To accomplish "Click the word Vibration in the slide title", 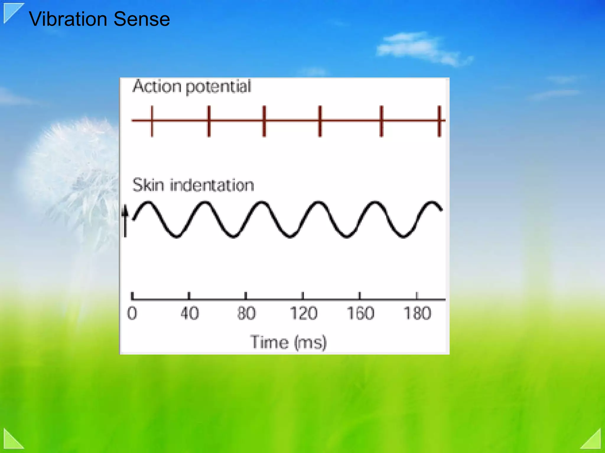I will (x=68, y=19).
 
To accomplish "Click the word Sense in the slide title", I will (x=142, y=19).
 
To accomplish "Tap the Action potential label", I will (x=191, y=87).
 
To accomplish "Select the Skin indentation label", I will (x=193, y=185).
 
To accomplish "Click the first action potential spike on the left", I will (x=152, y=121).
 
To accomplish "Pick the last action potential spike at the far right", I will (x=439, y=121).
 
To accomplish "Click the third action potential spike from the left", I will (x=264, y=121).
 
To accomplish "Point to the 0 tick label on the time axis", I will (x=132, y=313).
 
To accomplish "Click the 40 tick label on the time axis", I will (x=189, y=313).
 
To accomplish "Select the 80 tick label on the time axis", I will (x=246, y=313).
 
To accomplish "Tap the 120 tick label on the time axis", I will (x=303, y=313).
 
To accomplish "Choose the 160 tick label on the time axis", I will (x=360, y=313).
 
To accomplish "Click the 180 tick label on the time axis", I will (x=417, y=313).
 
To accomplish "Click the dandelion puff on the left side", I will (x=74, y=165).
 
